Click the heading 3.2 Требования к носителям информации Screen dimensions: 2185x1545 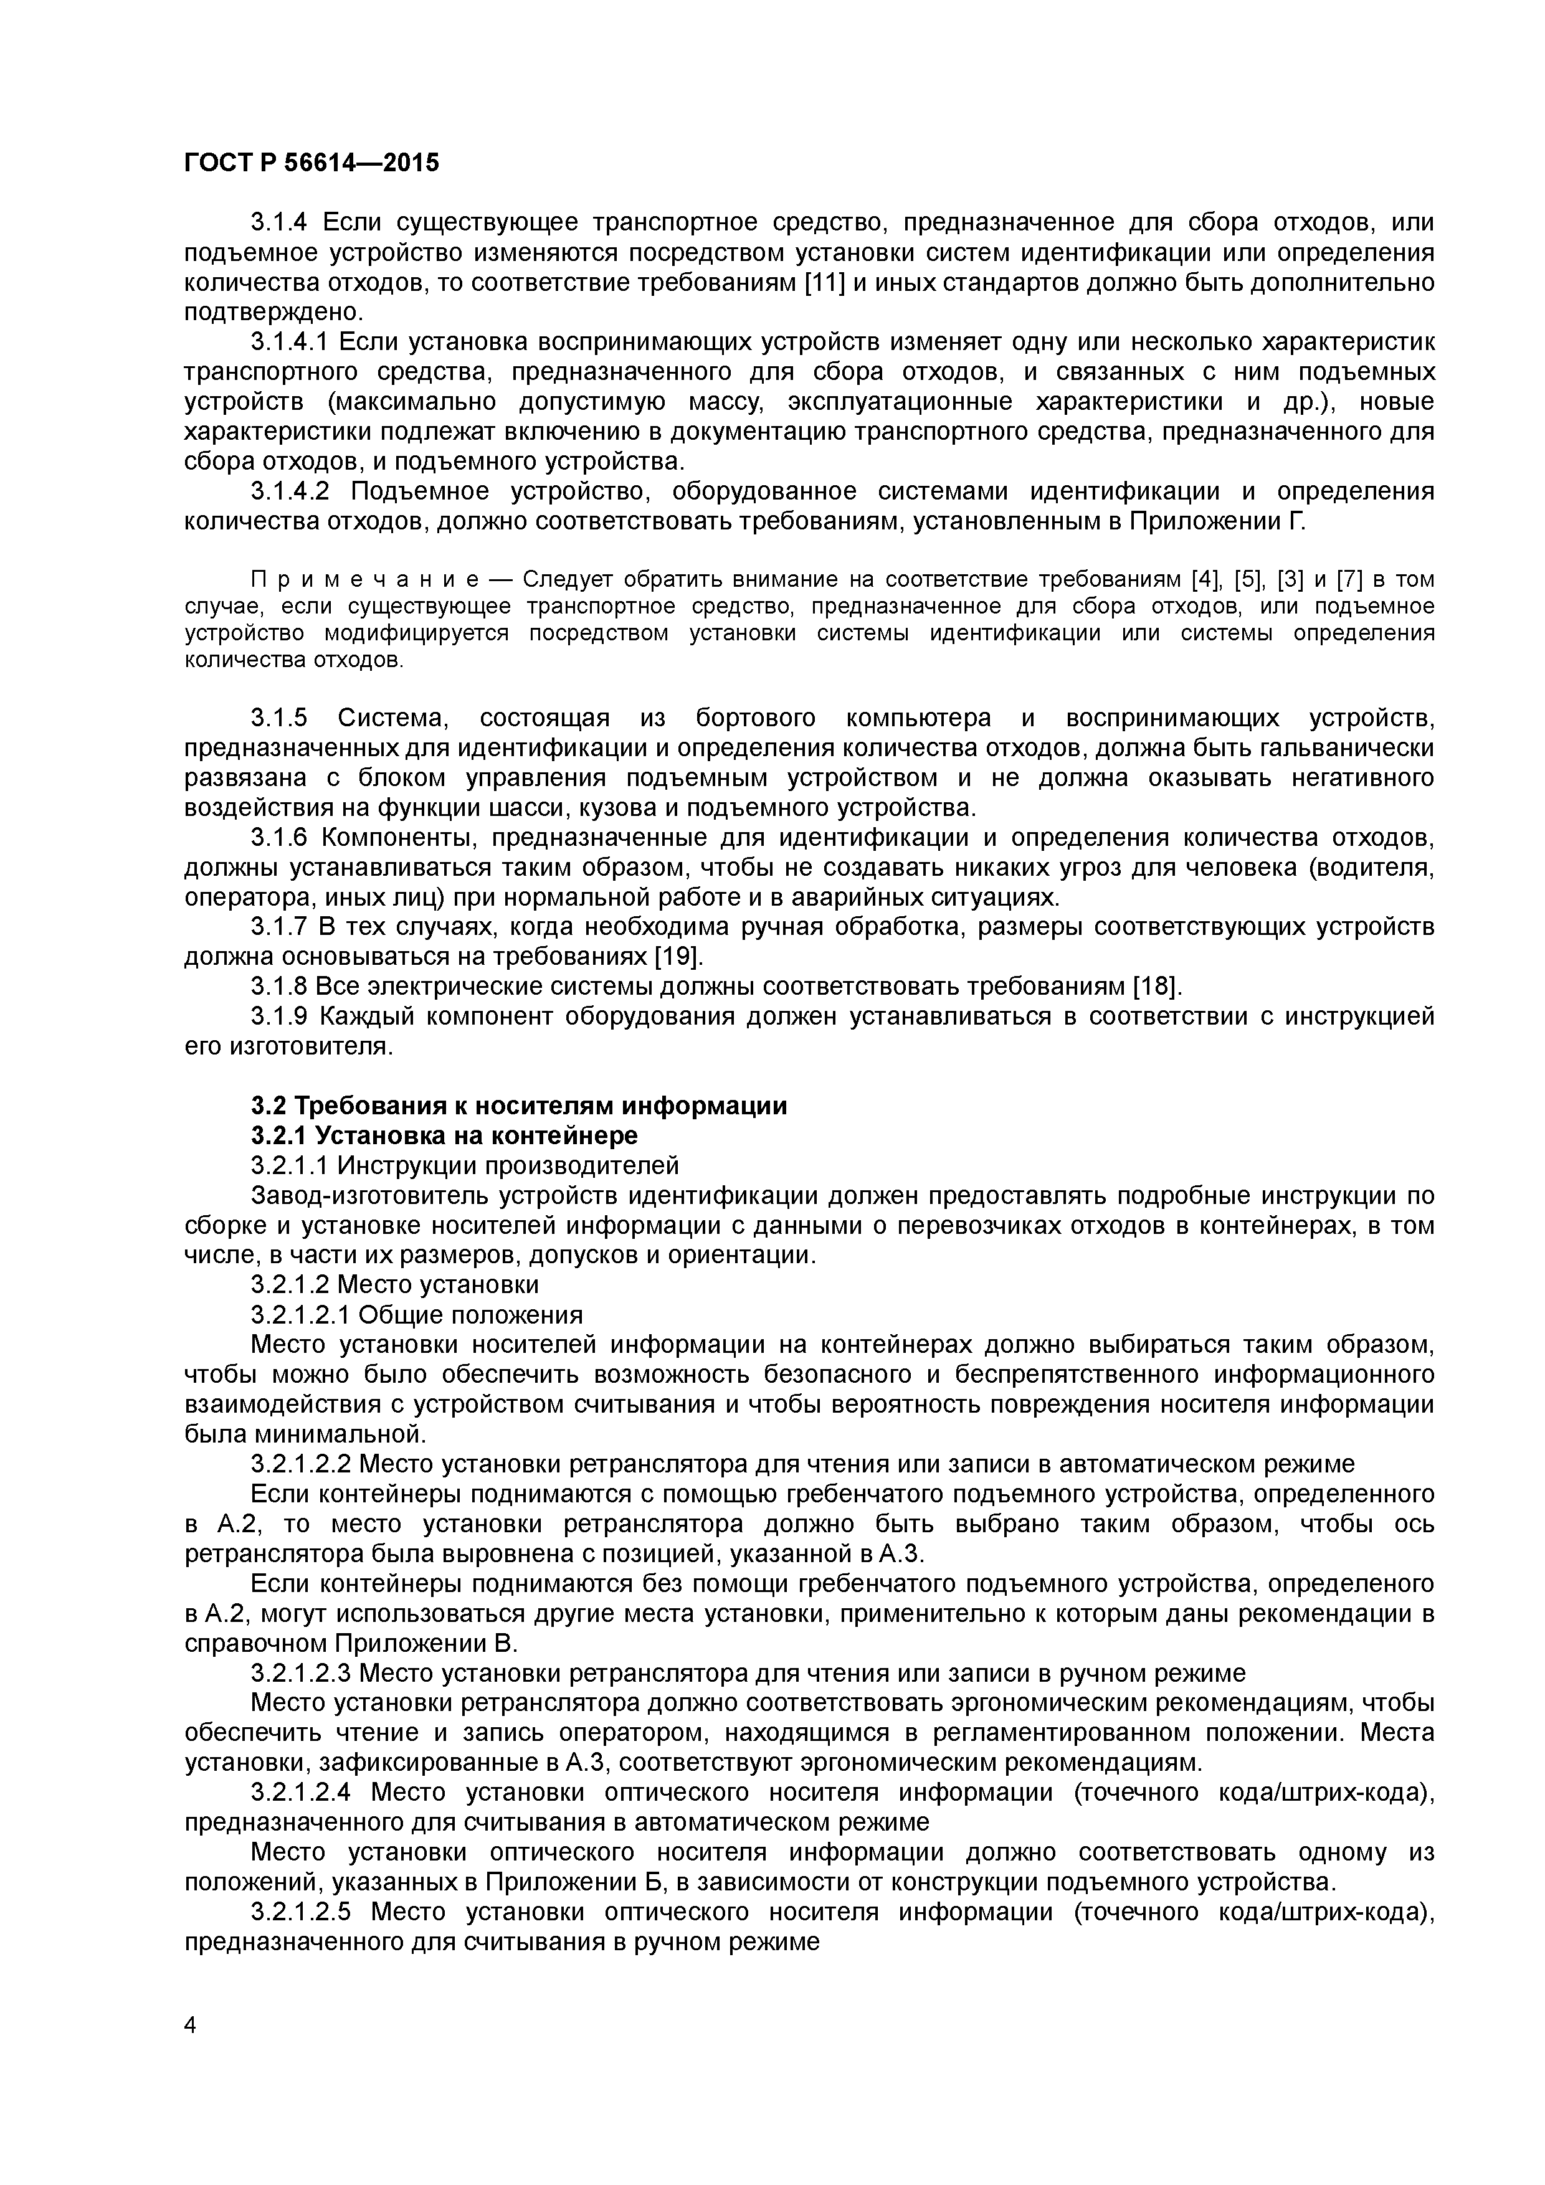pyautogui.click(x=519, y=1106)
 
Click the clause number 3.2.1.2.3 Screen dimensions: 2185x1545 pyautogui.click(x=301, y=1673)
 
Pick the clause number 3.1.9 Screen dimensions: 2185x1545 pyautogui.click(x=279, y=1017)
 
